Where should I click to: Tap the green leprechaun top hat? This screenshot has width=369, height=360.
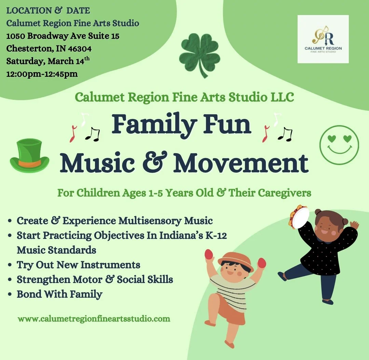[x=29, y=156]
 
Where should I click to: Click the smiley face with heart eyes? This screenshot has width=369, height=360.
[x=339, y=145]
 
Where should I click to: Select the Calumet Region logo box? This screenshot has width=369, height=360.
[x=323, y=39]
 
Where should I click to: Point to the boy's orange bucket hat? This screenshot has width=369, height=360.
[x=236, y=259]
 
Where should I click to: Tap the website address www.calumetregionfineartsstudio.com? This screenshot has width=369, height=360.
[x=94, y=319]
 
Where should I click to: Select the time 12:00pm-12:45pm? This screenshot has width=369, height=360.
[x=42, y=74]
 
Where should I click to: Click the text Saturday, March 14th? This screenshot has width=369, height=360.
[x=48, y=61]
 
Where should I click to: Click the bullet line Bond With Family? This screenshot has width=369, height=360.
[x=59, y=294]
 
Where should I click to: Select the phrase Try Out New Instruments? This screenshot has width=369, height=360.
[x=78, y=265]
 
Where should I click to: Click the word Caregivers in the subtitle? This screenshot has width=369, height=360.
[x=284, y=193]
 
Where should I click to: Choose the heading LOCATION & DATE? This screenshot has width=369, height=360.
[x=48, y=11]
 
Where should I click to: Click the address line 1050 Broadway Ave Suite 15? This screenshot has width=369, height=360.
[x=63, y=36]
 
